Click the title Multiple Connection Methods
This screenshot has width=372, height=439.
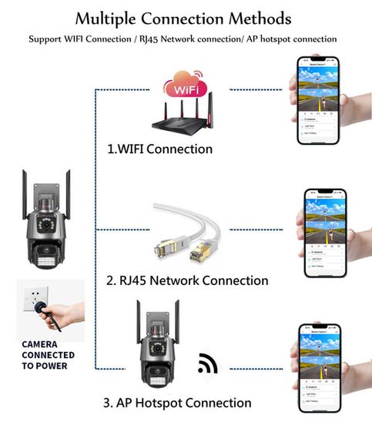click(183, 18)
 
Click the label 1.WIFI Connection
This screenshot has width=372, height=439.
click(160, 149)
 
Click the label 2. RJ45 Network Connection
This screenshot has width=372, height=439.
click(186, 280)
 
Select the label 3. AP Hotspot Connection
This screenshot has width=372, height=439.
click(177, 403)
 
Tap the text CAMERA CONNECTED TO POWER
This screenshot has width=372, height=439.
click(48, 355)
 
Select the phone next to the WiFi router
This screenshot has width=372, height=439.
click(318, 99)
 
